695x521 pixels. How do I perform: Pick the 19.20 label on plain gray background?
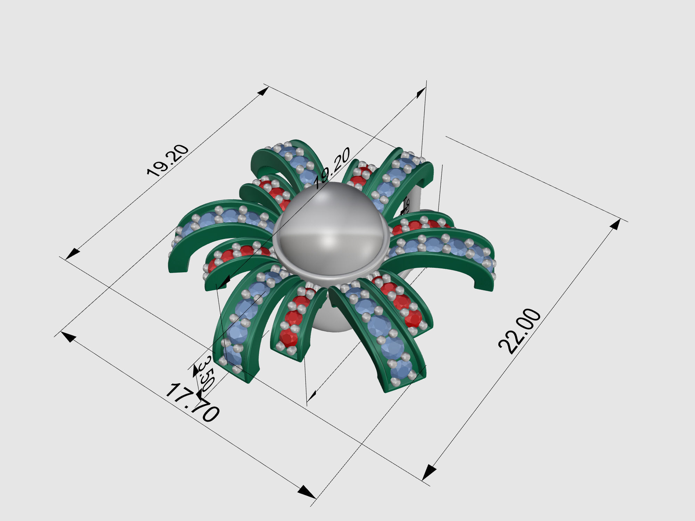[168, 160]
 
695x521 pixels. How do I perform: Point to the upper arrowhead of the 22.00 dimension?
[615, 225]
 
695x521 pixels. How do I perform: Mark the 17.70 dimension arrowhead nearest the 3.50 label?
[69, 336]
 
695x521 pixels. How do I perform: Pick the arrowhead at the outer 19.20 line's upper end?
[263, 91]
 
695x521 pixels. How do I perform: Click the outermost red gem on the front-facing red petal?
[288, 337]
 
